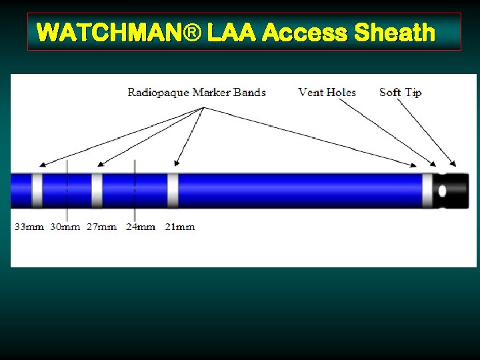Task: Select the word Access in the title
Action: click(305, 32)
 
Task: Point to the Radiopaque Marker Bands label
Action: click(197, 92)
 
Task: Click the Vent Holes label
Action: click(327, 92)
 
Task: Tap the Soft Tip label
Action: click(400, 92)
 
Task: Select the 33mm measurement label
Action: click(29, 227)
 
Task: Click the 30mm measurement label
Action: click(65, 227)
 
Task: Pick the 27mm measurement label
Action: click(101, 227)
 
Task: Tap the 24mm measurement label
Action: click(141, 227)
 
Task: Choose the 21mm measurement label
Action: click(180, 227)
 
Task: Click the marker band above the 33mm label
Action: click(37, 190)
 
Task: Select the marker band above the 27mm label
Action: click(97, 190)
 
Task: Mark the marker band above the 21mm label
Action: click(173, 190)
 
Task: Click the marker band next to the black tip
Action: click(427, 190)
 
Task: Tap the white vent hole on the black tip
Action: click(442, 191)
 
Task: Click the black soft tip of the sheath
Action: click(457, 190)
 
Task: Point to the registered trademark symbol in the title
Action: click(196, 32)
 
